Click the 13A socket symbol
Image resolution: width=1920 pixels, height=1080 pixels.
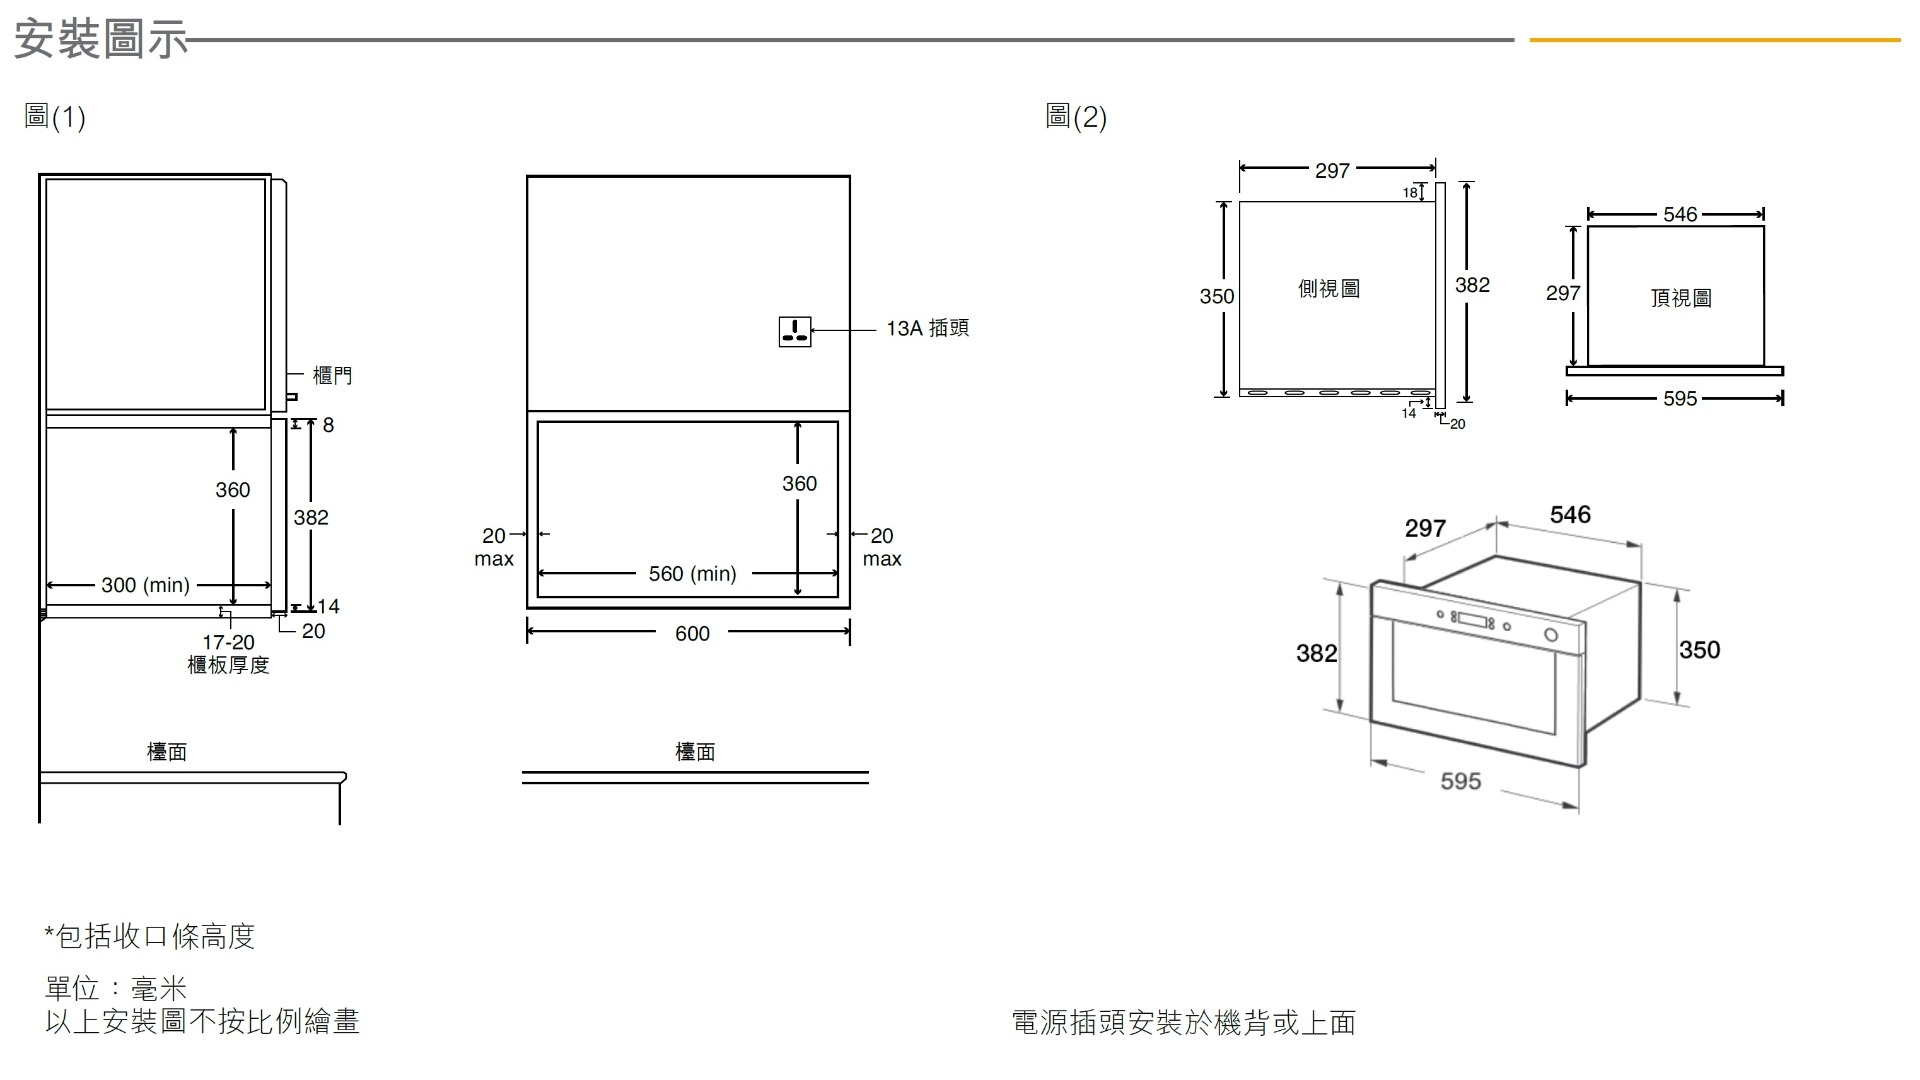pyautogui.click(x=795, y=331)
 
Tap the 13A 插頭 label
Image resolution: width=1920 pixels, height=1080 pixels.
pyautogui.click(x=927, y=328)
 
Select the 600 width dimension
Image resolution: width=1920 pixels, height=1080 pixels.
pyautogui.click(x=692, y=633)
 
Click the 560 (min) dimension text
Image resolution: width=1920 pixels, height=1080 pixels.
pyautogui.click(x=692, y=574)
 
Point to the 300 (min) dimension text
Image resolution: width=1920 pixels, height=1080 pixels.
pyautogui.click(x=145, y=585)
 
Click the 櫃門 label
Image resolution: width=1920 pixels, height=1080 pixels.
pyautogui.click(x=332, y=375)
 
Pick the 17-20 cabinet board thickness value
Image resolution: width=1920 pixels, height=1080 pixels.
pyautogui.click(x=228, y=642)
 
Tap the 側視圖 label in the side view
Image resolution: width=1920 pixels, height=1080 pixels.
pyautogui.click(x=1329, y=289)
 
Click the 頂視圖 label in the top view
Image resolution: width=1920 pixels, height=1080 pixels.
pyautogui.click(x=1681, y=298)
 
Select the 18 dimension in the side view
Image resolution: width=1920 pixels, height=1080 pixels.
pyautogui.click(x=1410, y=192)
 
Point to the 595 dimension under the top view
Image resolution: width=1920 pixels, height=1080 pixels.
pyautogui.click(x=1680, y=399)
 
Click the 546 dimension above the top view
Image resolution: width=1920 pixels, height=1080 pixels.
pyautogui.click(x=1680, y=214)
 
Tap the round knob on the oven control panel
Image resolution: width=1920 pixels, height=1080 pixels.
pyautogui.click(x=1551, y=635)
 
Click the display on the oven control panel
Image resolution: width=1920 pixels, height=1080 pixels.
pyautogui.click(x=1472, y=620)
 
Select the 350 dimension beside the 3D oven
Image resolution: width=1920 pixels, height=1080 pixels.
pyautogui.click(x=1700, y=650)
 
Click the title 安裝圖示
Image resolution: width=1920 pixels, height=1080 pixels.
pyautogui.click(x=101, y=40)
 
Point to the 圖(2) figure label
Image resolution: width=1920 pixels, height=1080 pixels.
pyautogui.click(x=1076, y=117)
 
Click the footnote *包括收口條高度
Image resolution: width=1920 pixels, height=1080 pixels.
pyautogui.click(x=150, y=936)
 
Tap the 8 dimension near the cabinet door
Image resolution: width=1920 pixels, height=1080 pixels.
pyautogui.click(x=328, y=425)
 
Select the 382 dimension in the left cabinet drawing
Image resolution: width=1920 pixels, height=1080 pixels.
pyautogui.click(x=311, y=517)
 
